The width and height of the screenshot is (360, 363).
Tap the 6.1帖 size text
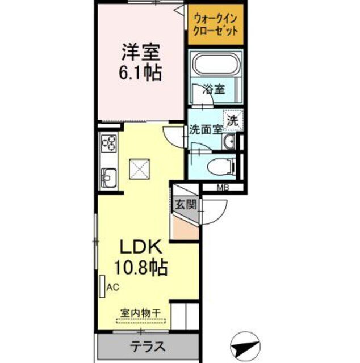coord(140,72)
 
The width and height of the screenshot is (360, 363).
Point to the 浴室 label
coord(215,88)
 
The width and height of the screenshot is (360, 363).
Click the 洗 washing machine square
coord(233,120)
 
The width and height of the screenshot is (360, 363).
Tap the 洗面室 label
coord(205,129)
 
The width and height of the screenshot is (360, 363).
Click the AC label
coord(113,288)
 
